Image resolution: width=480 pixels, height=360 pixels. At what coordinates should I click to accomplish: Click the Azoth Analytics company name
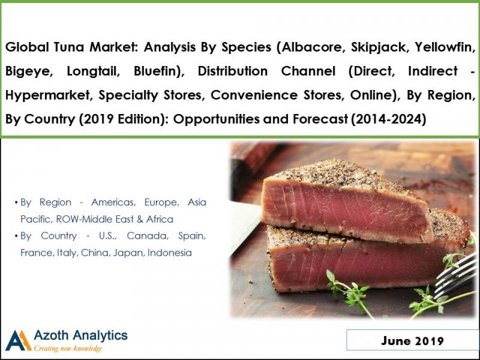80,335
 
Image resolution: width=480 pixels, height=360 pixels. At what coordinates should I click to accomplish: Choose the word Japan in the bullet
125,253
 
